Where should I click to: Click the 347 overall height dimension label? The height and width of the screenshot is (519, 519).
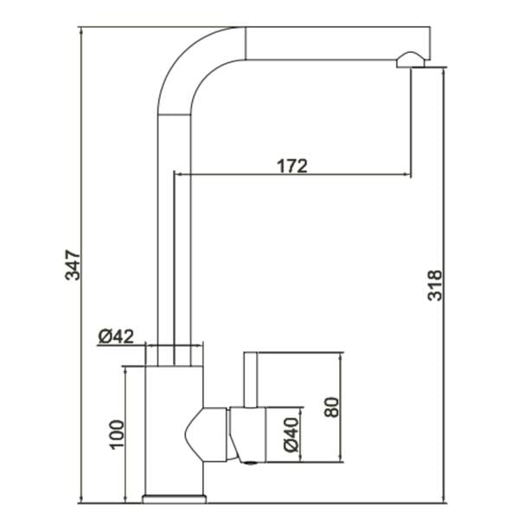(x=72, y=266)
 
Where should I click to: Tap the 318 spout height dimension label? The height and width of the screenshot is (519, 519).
(x=434, y=285)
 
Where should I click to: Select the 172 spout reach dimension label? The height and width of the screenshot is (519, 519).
(x=292, y=166)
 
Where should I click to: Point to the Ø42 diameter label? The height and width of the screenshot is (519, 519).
(x=116, y=336)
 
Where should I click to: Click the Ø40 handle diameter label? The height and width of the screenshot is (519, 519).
(x=292, y=435)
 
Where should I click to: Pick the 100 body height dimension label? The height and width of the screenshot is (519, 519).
(x=117, y=434)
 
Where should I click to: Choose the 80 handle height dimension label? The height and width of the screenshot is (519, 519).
(x=331, y=407)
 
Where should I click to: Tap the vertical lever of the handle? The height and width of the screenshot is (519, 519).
(x=251, y=380)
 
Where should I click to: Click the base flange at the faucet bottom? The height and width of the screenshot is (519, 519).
(x=175, y=499)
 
